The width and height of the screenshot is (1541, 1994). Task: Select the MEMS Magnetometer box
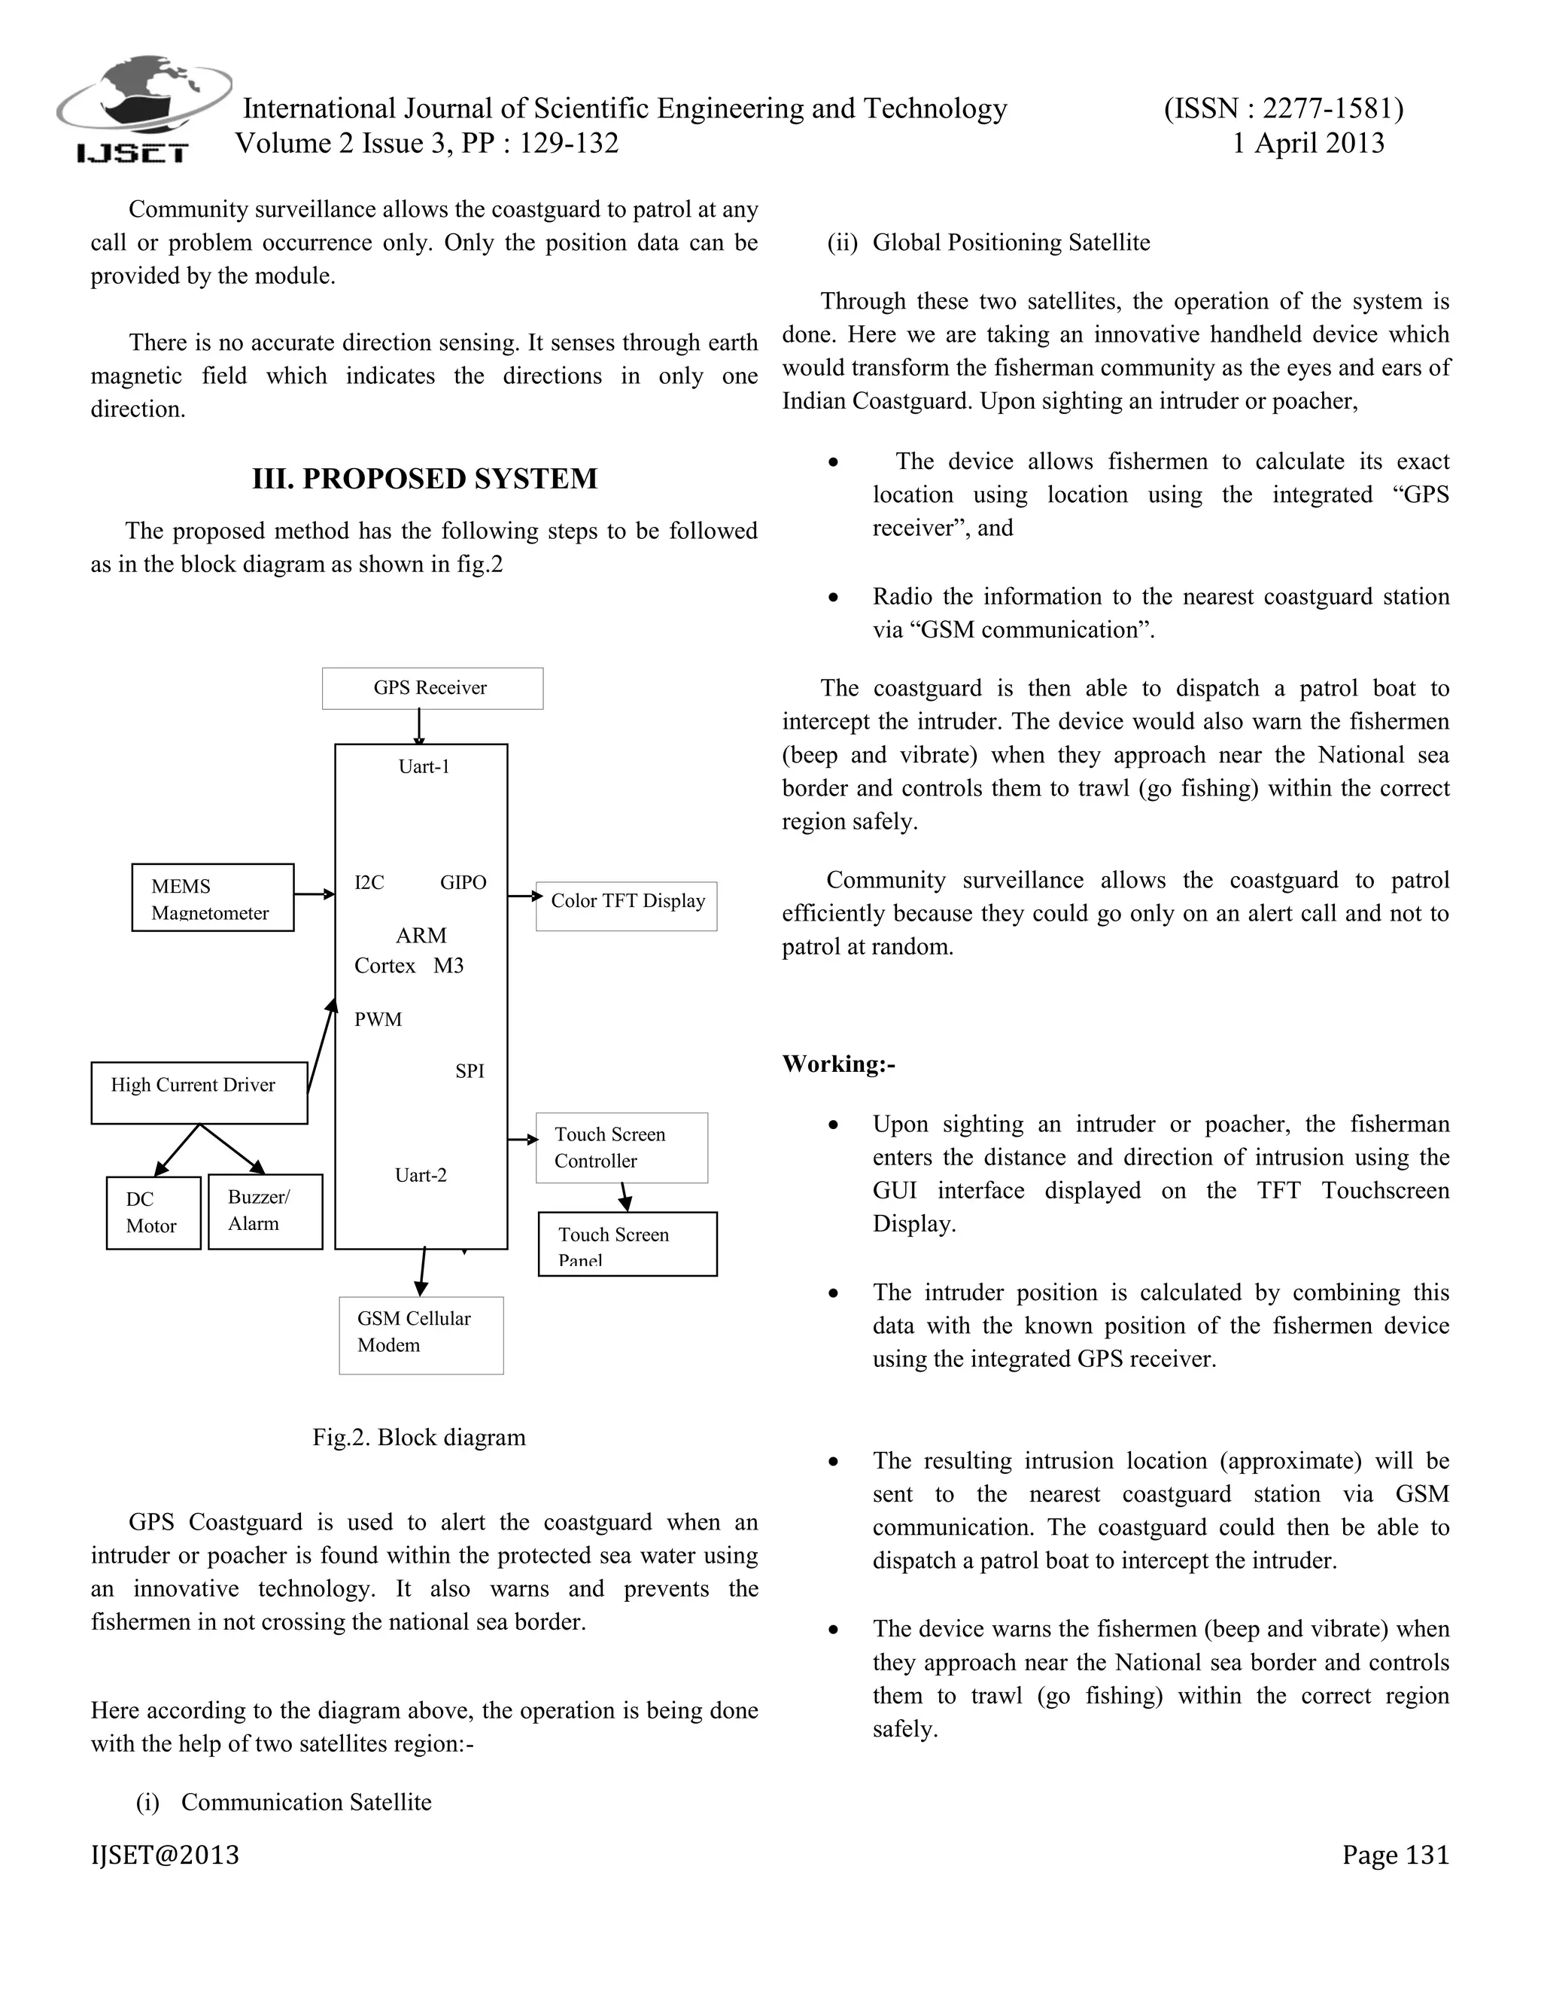point(211,897)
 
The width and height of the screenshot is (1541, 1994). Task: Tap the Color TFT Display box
point(626,906)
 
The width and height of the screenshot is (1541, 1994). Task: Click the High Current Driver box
point(199,1092)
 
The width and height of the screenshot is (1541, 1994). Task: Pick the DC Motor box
point(153,1213)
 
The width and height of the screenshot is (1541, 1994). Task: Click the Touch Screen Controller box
point(621,1148)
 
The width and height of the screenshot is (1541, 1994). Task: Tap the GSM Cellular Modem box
point(421,1335)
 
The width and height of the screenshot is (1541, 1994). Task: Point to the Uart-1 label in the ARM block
point(424,767)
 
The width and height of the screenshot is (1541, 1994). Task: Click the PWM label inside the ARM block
point(378,1020)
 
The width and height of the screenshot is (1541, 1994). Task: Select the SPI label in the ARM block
point(470,1072)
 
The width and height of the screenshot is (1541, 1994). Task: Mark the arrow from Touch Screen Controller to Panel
point(625,1197)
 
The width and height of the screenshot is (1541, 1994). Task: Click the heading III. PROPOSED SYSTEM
point(424,479)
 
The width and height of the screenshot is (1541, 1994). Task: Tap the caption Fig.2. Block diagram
point(419,1437)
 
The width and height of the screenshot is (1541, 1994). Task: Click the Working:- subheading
point(838,1064)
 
